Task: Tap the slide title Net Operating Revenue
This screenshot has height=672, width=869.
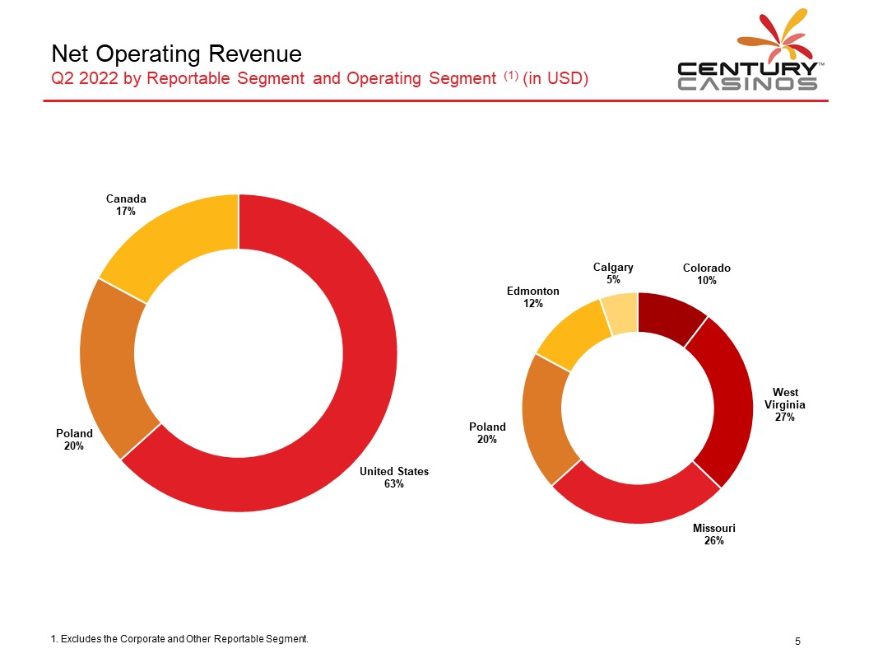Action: coord(176,54)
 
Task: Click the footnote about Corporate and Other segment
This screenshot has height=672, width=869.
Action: coord(179,639)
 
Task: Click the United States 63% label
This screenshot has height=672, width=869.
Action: coord(393,478)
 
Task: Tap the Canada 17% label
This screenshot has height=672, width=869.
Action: coord(126,205)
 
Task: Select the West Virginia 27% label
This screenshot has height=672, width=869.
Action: coord(784,404)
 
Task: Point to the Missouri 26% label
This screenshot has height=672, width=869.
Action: coord(713,534)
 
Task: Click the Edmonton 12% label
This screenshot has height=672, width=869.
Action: coord(532,297)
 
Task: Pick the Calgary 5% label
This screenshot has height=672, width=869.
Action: coord(613,273)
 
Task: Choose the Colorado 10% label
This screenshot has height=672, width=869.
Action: coord(706,274)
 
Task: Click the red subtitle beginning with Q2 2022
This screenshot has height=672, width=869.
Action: coord(318,78)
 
